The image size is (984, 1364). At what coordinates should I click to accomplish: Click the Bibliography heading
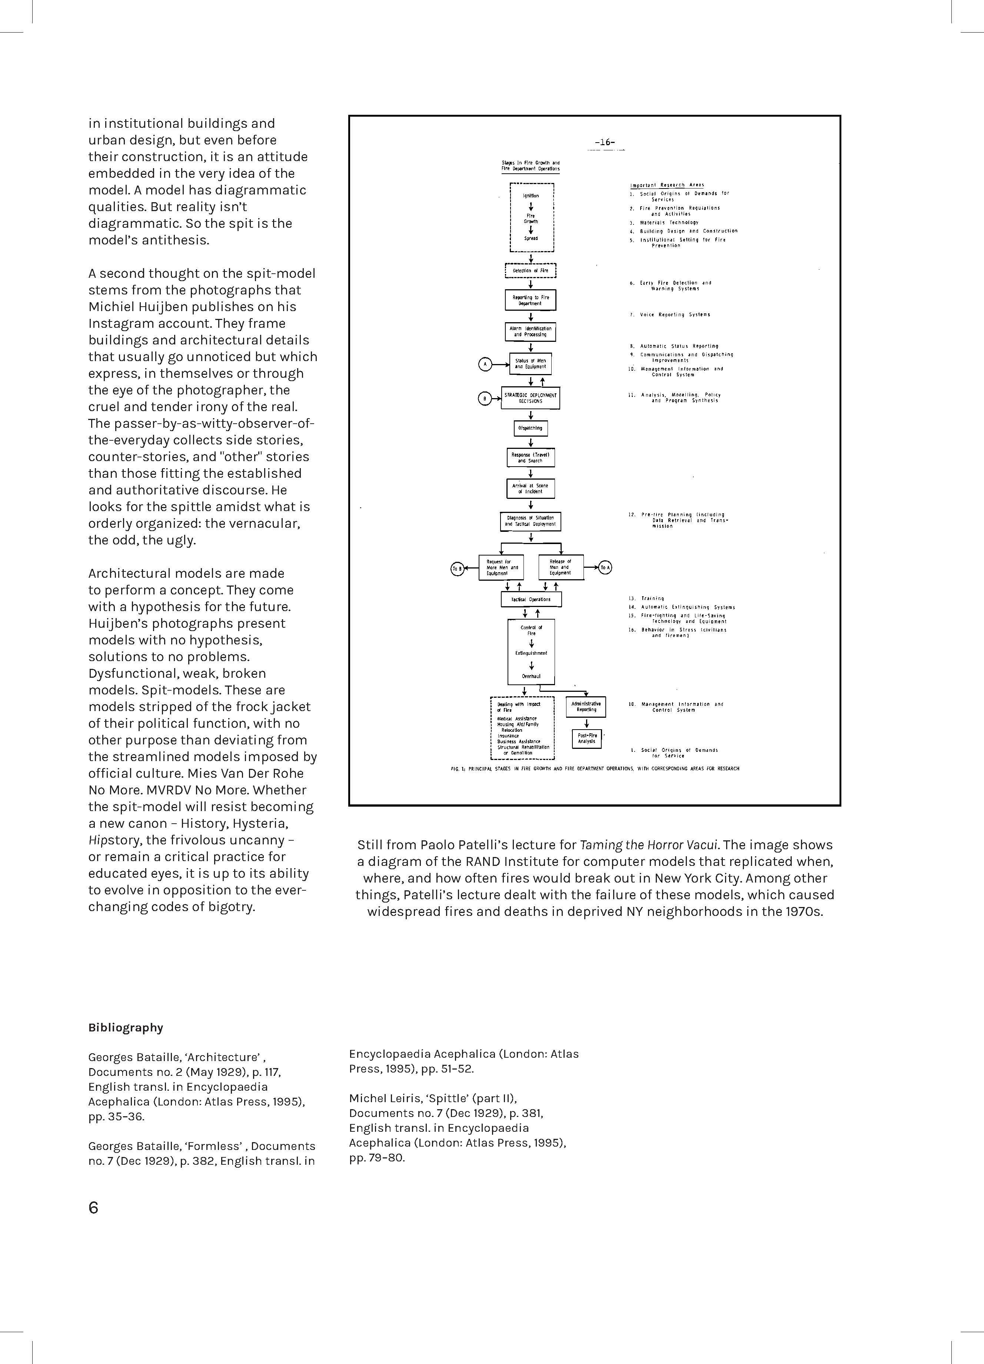tap(125, 1027)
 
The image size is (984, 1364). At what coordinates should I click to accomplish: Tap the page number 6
tap(93, 1208)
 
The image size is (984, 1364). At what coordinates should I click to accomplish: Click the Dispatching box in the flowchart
tap(531, 428)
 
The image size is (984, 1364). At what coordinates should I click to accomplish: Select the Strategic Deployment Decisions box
tap(531, 398)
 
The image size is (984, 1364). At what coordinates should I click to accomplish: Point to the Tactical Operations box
tap(531, 600)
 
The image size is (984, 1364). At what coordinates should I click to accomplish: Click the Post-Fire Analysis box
tap(586, 738)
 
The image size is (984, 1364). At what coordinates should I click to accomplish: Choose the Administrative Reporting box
tap(586, 707)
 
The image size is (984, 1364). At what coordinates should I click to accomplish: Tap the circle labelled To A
tap(605, 567)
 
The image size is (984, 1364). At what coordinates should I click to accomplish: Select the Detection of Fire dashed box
tap(531, 271)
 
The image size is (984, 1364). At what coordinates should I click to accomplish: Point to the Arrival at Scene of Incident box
tap(531, 488)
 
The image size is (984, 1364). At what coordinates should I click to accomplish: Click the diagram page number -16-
tap(605, 143)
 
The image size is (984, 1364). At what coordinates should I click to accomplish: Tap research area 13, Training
tap(652, 598)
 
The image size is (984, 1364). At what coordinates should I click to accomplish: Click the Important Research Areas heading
tap(667, 185)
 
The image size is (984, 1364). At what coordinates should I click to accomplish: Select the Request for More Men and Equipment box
tap(501, 567)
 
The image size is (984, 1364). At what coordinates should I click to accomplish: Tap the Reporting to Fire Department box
tap(531, 300)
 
